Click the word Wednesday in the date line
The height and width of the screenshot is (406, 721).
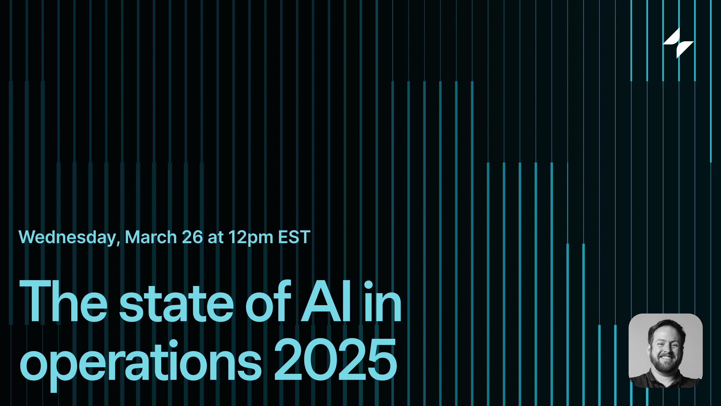point(67,237)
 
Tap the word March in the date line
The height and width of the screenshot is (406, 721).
point(151,237)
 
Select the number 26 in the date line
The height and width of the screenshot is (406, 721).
point(192,237)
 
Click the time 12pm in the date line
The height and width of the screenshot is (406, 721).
point(251,237)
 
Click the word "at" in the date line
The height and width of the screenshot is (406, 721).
point(216,237)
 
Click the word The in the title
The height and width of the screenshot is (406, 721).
point(63,302)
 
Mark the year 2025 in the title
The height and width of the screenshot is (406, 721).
point(335,359)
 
